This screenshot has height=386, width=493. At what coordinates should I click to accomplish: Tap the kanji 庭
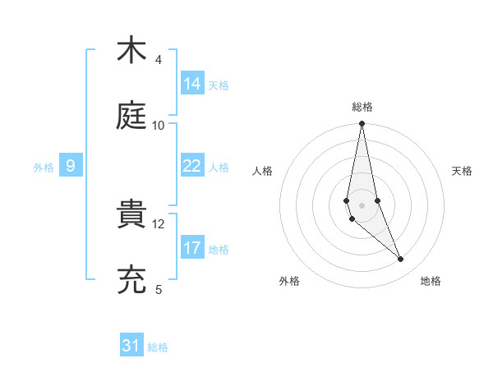point(132,116)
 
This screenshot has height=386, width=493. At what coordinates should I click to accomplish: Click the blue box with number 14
point(192,84)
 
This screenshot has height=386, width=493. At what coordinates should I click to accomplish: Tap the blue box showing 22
point(192,166)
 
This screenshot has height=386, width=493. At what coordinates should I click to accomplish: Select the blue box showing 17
point(192,248)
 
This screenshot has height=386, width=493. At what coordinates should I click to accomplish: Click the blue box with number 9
point(71,166)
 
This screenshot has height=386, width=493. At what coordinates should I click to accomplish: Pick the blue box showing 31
point(131,346)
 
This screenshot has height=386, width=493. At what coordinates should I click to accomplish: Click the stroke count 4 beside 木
point(159,60)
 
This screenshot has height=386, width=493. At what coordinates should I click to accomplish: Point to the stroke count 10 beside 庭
point(159,125)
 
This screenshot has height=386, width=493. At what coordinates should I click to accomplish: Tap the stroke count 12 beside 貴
point(159,223)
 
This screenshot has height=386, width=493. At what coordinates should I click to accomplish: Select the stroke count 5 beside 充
point(159,289)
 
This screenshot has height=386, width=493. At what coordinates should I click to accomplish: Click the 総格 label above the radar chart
point(362,107)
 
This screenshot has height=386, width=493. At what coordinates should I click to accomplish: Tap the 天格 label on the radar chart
point(463,171)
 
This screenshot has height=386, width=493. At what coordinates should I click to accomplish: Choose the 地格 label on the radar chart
point(431,281)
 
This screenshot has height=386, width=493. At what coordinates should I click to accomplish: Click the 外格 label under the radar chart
point(289,281)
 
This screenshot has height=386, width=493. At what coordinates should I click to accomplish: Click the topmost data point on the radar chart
point(362,124)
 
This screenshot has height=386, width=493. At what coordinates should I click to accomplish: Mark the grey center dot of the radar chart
point(362,204)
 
